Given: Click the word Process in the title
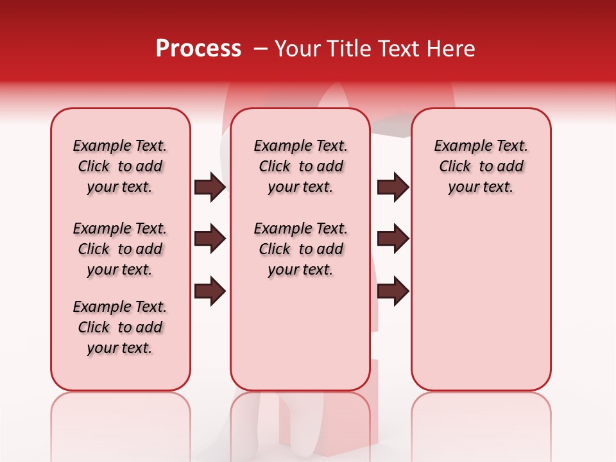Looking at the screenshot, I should (x=198, y=49).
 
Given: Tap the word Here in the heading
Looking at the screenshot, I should (x=451, y=49).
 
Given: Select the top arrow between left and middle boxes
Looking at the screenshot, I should (x=210, y=187).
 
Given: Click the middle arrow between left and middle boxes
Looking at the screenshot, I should (x=210, y=239).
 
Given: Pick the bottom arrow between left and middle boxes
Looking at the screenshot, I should (x=210, y=291).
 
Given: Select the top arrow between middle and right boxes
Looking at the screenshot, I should (x=393, y=187).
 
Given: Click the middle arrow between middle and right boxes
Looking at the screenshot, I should (x=393, y=239).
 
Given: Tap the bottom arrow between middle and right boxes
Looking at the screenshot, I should (x=393, y=291).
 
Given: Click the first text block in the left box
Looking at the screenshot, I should (x=120, y=166).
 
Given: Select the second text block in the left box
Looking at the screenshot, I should (x=120, y=249).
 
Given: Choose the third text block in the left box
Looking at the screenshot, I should (x=120, y=327).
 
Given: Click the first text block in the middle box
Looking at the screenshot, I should (x=300, y=166).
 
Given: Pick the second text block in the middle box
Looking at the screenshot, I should (x=300, y=249).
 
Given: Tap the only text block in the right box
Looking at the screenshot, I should (x=481, y=166).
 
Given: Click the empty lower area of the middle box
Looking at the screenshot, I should (x=300, y=340).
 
